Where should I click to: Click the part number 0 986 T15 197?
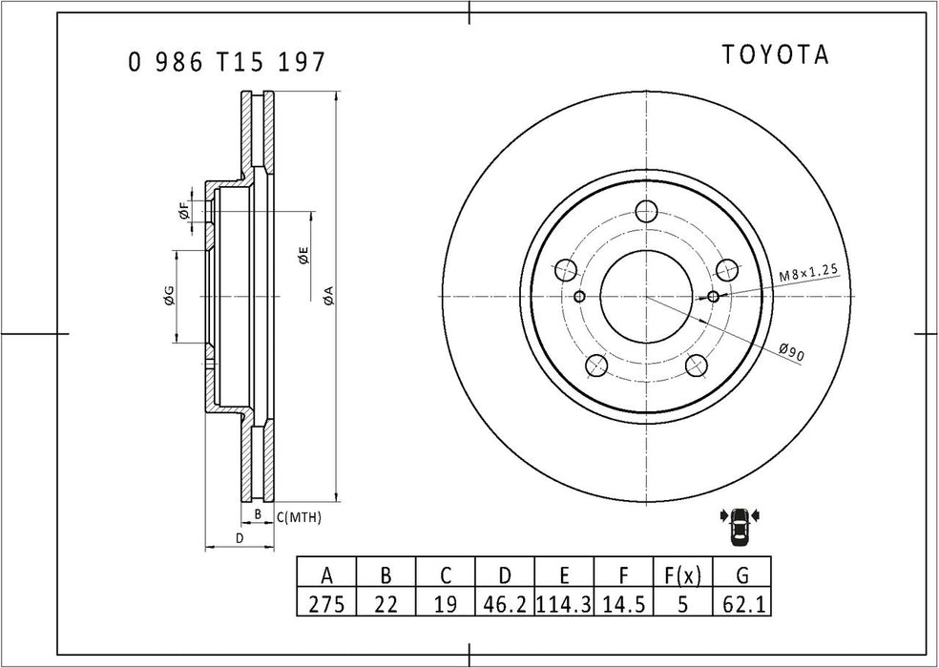(x=227, y=63)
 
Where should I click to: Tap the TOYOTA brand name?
(x=774, y=55)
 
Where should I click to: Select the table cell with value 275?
(x=326, y=604)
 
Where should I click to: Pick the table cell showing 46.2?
(x=505, y=604)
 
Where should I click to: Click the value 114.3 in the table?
(x=564, y=604)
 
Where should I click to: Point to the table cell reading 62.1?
(x=741, y=604)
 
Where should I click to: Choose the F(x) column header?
(x=682, y=575)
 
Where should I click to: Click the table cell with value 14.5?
(x=623, y=604)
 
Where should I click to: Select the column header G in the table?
(x=741, y=575)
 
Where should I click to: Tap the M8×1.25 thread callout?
(x=807, y=272)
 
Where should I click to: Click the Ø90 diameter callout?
(x=791, y=352)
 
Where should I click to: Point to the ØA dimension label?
(x=327, y=296)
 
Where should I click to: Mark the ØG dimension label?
(x=168, y=296)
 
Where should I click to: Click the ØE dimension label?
(x=303, y=255)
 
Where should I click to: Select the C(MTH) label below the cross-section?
(x=299, y=517)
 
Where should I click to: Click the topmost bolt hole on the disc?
(x=647, y=212)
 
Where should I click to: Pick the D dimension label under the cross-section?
(x=240, y=539)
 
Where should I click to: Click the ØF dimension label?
(x=183, y=214)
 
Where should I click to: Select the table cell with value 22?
(x=386, y=604)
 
